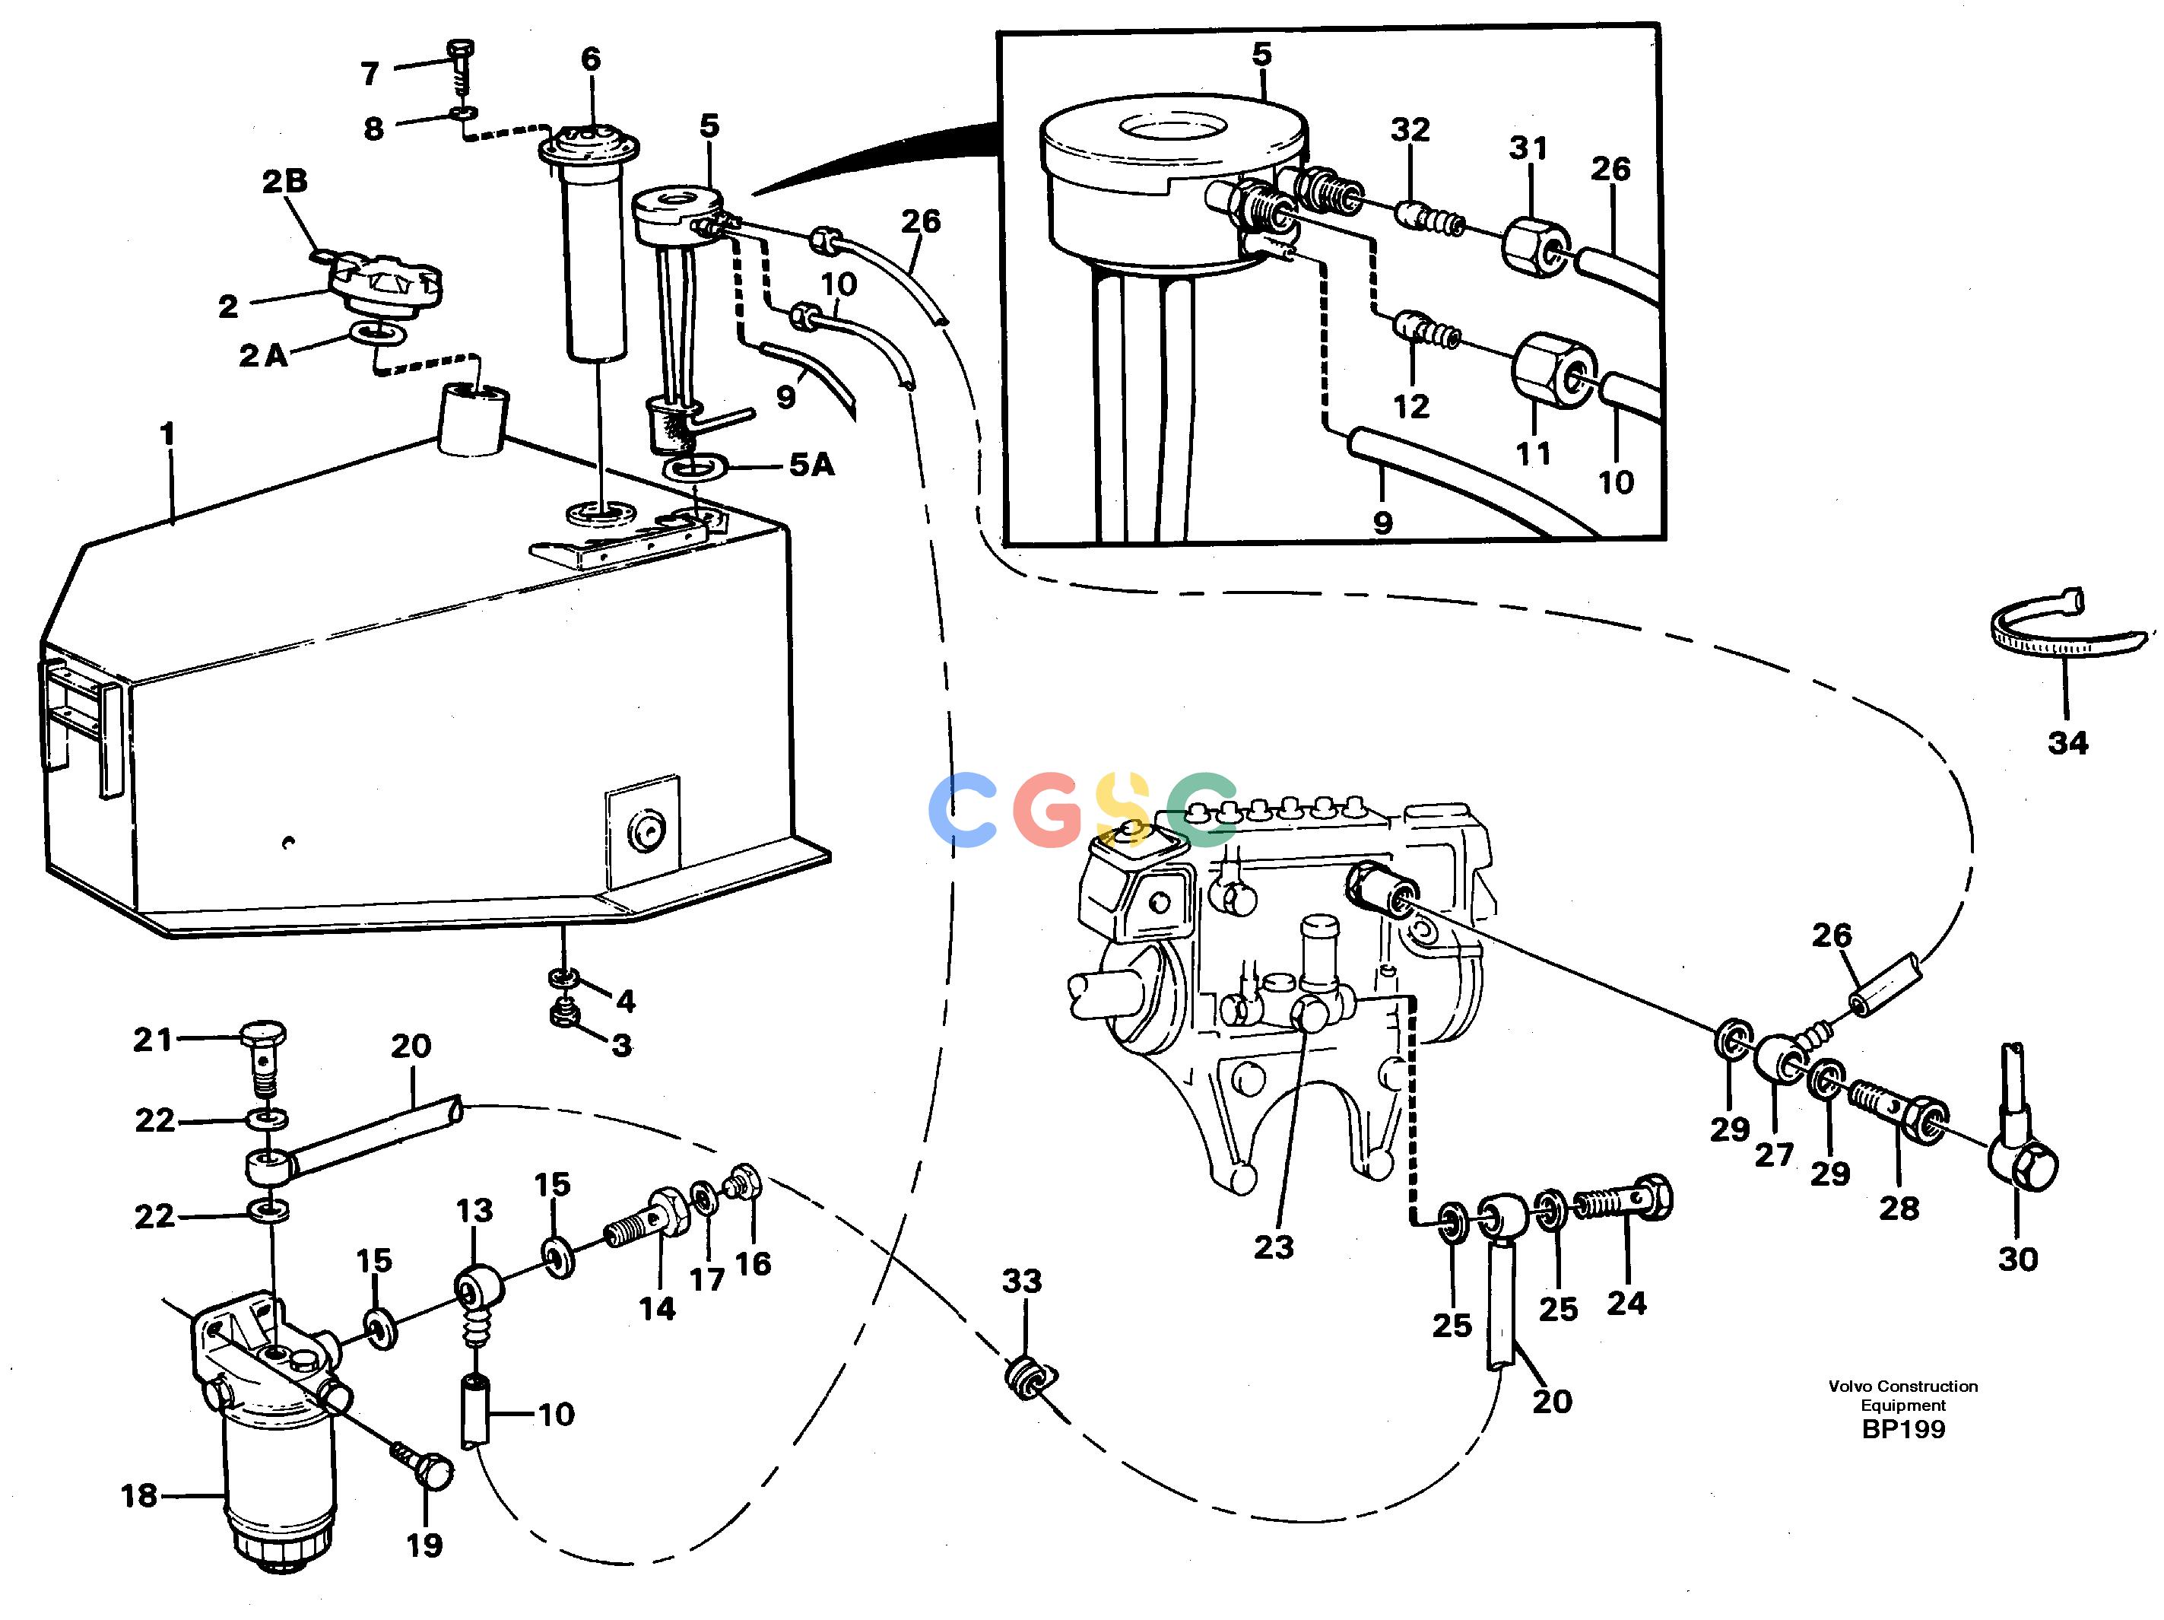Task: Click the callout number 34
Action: click(x=2067, y=742)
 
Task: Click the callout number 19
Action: click(x=424, y=1545)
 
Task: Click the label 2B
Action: click(x=284, y=181)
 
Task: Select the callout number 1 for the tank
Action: click(x=167, y=434)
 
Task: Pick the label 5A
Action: click(x=812, y=465)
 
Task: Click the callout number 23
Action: click(x=1273, y=1247)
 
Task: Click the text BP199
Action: click(x=1902, y=1429)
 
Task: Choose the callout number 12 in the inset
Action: click(x=1410, y=406)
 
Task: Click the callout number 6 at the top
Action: click(x=591, y=59)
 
